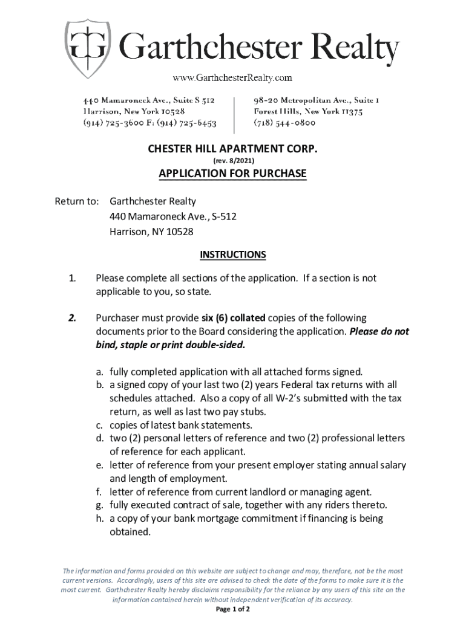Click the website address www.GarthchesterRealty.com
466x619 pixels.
232,77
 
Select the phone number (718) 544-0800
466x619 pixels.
284,123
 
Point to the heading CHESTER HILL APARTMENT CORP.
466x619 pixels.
232,149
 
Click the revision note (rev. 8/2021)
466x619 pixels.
232,161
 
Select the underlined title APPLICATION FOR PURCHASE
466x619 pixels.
232,174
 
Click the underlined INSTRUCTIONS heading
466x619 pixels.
232,254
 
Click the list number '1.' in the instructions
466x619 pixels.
71,278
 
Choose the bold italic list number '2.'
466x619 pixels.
71,318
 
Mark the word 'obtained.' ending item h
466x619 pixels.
130,532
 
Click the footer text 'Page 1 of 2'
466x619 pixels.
232,609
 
